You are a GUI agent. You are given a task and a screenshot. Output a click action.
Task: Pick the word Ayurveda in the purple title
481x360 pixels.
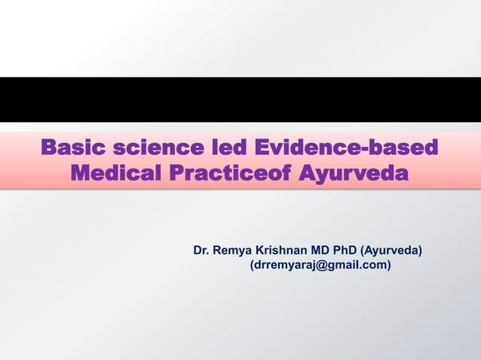[x=353, y=175]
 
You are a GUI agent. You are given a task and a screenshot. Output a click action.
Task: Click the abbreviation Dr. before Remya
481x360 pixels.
[x=201, y=250]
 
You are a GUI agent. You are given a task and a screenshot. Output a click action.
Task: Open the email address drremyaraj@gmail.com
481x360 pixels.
[x=320, y=265]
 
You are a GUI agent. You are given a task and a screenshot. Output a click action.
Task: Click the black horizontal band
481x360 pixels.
[x=240, y=99]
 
